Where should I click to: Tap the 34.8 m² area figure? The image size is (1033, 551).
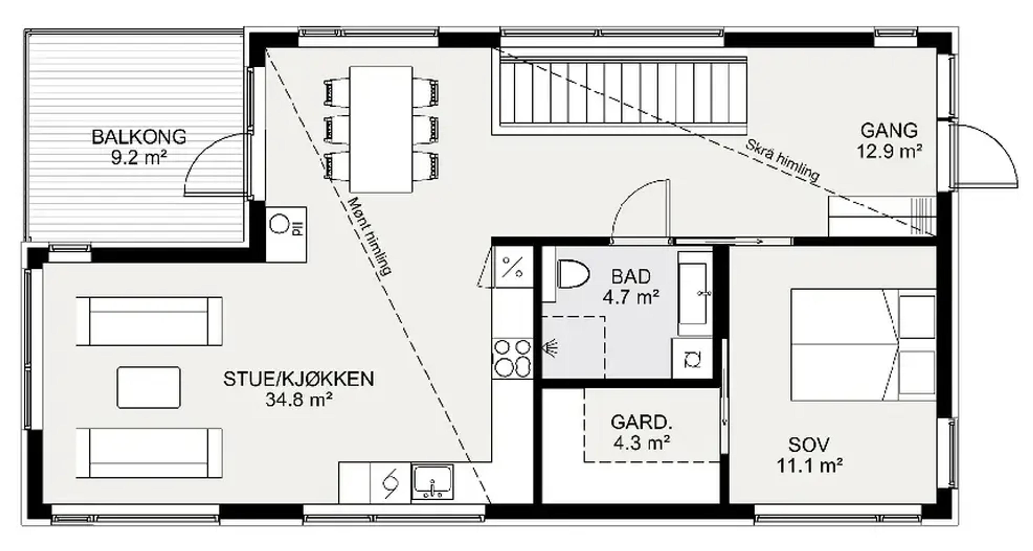click(x=299, y=399)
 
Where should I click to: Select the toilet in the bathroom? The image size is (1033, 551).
click(x=573, y=274)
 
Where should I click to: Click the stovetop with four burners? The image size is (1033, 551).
click(x=512, y=358)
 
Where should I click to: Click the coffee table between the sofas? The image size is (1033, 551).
click(x=148, y=387)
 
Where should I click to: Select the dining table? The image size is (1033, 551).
click(x=381, y=129)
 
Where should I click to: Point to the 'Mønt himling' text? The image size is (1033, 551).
click(x=369, y=237)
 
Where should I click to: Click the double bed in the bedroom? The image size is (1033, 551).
click(x=862, y=345)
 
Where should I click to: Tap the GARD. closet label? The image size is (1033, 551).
click(x=641, y=422)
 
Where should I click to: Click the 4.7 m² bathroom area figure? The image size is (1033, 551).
click(x=631, y=297)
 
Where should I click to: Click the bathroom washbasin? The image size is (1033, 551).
click(x=692, y=293)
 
